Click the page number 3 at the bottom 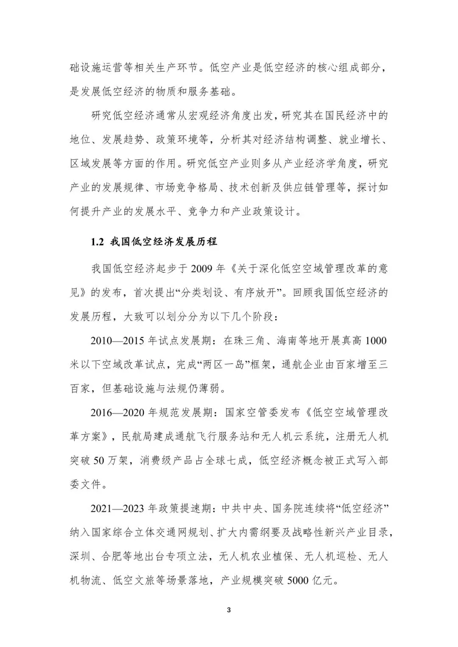(x=229, y=610)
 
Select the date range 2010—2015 (x=118, y=340)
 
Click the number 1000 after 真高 (x=376, y=340)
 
